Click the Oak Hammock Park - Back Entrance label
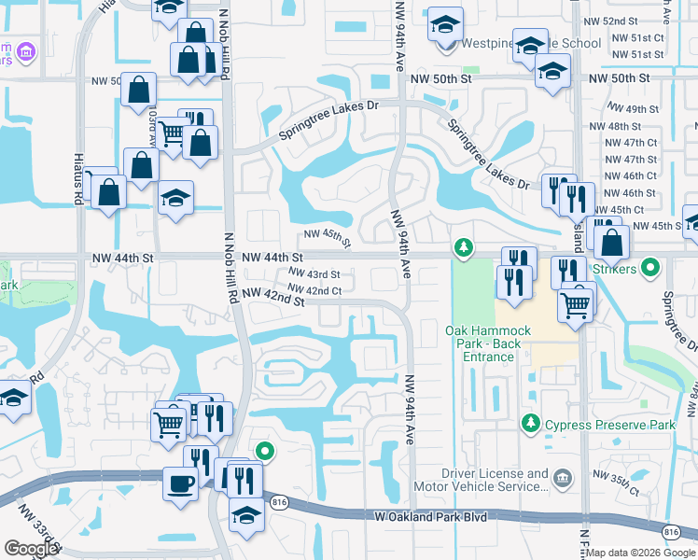point(482,337)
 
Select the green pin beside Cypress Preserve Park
point(531,424)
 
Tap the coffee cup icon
point(180,483)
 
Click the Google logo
point(31,548)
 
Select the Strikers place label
point(637,269)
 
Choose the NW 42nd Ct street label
point(314,291)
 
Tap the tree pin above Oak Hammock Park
point(461,247)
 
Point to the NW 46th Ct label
point(631,175)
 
